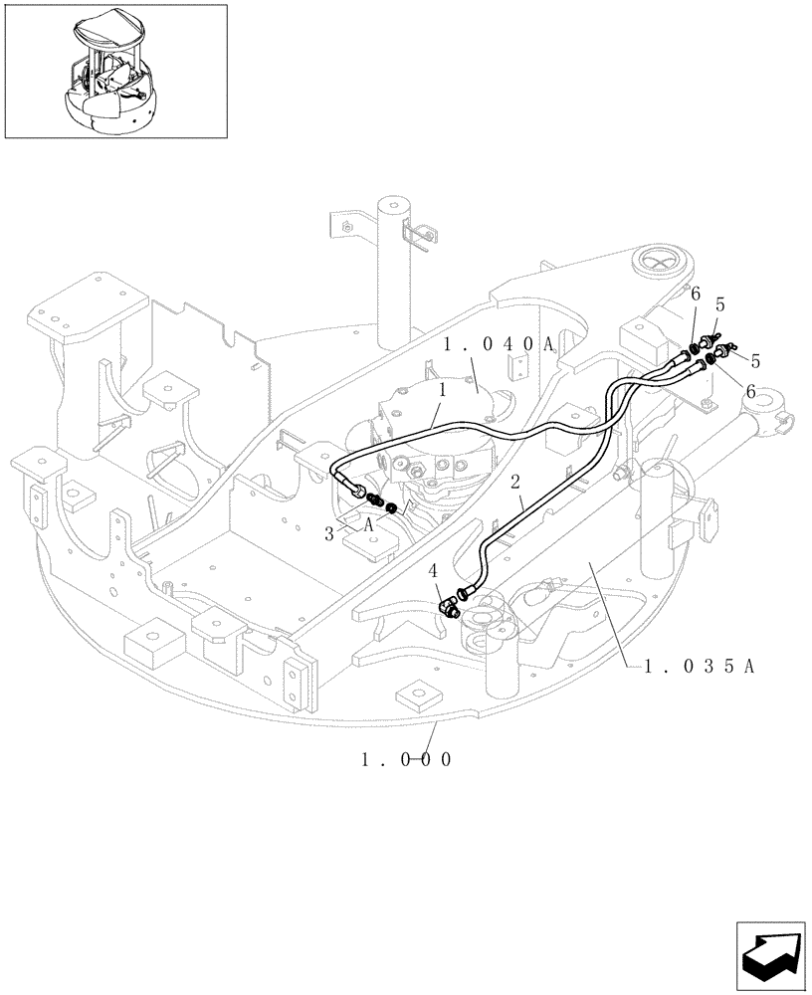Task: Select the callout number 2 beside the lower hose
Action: point(515,483)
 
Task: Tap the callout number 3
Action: point(329,533)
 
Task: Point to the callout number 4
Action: point(432,572)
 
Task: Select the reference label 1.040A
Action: point(499,345)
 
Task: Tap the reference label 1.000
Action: point(407,759)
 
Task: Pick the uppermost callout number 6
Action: point(696,294)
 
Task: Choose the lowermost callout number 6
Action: point(750,392)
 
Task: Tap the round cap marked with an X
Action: point(660,262)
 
